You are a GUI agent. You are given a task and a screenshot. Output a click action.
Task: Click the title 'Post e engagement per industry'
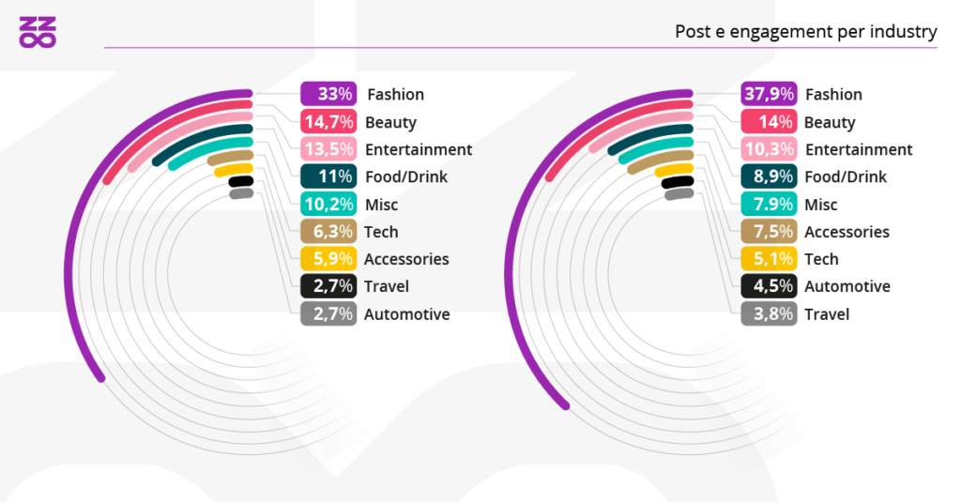805,32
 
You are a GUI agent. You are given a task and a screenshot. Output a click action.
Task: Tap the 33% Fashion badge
328,94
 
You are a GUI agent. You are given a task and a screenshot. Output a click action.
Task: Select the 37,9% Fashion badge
769,94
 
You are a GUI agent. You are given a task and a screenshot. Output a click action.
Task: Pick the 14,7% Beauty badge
328,122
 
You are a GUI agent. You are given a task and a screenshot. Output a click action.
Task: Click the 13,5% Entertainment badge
328,149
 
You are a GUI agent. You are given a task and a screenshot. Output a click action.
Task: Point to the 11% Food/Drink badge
328,176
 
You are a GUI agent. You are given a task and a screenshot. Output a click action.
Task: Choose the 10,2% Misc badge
328,205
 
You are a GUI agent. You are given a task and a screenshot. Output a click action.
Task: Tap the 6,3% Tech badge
328,232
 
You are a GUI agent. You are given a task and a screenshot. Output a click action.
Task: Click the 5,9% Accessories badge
328,259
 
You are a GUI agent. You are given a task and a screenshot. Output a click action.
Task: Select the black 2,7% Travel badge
328,286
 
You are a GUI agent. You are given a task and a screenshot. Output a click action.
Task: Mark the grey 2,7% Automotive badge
328,314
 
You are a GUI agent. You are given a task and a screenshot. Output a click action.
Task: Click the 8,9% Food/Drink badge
769,176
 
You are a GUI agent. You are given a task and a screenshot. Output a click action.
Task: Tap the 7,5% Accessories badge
769,232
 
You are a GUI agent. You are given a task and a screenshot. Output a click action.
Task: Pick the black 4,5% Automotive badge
769,286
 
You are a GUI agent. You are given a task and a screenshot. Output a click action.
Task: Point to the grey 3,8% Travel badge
769,314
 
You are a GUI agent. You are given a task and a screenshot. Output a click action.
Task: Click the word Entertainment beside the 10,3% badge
858,149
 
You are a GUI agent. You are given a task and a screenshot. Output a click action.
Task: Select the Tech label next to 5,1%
821,259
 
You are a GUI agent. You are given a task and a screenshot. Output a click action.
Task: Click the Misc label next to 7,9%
821,205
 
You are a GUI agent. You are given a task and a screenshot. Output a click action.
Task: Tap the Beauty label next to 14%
830,122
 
